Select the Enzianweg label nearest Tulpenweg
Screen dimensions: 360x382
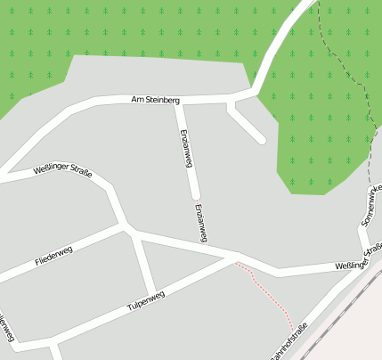[x=199, y=222]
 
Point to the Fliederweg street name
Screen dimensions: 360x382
[x=53, y=257]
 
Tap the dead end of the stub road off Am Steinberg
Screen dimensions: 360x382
[x=261, y=139]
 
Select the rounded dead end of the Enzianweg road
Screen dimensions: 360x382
[x=195, y=194]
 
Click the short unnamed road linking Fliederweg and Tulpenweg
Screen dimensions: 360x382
[x=144, y=265]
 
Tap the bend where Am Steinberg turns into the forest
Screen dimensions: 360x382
[x=253, y=91]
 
